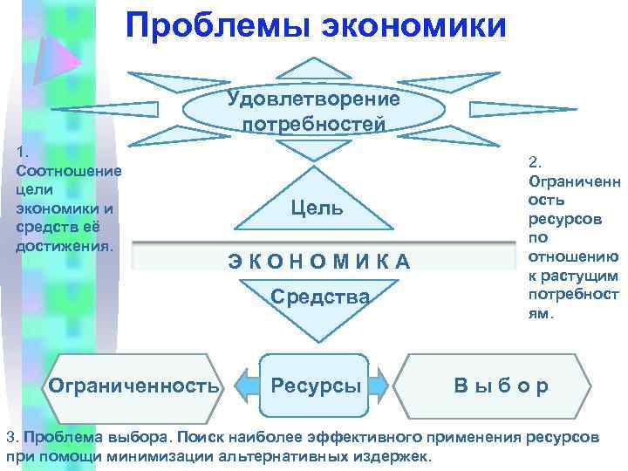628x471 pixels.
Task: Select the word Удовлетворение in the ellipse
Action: point(313,98)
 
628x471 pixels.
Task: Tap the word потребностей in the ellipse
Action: point(313,124)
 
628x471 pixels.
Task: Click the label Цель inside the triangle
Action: point(316,208)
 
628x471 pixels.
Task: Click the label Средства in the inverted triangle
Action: point(320,297)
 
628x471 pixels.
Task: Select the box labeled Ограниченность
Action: point(134,385)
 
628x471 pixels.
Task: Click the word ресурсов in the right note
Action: point(560,218)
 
